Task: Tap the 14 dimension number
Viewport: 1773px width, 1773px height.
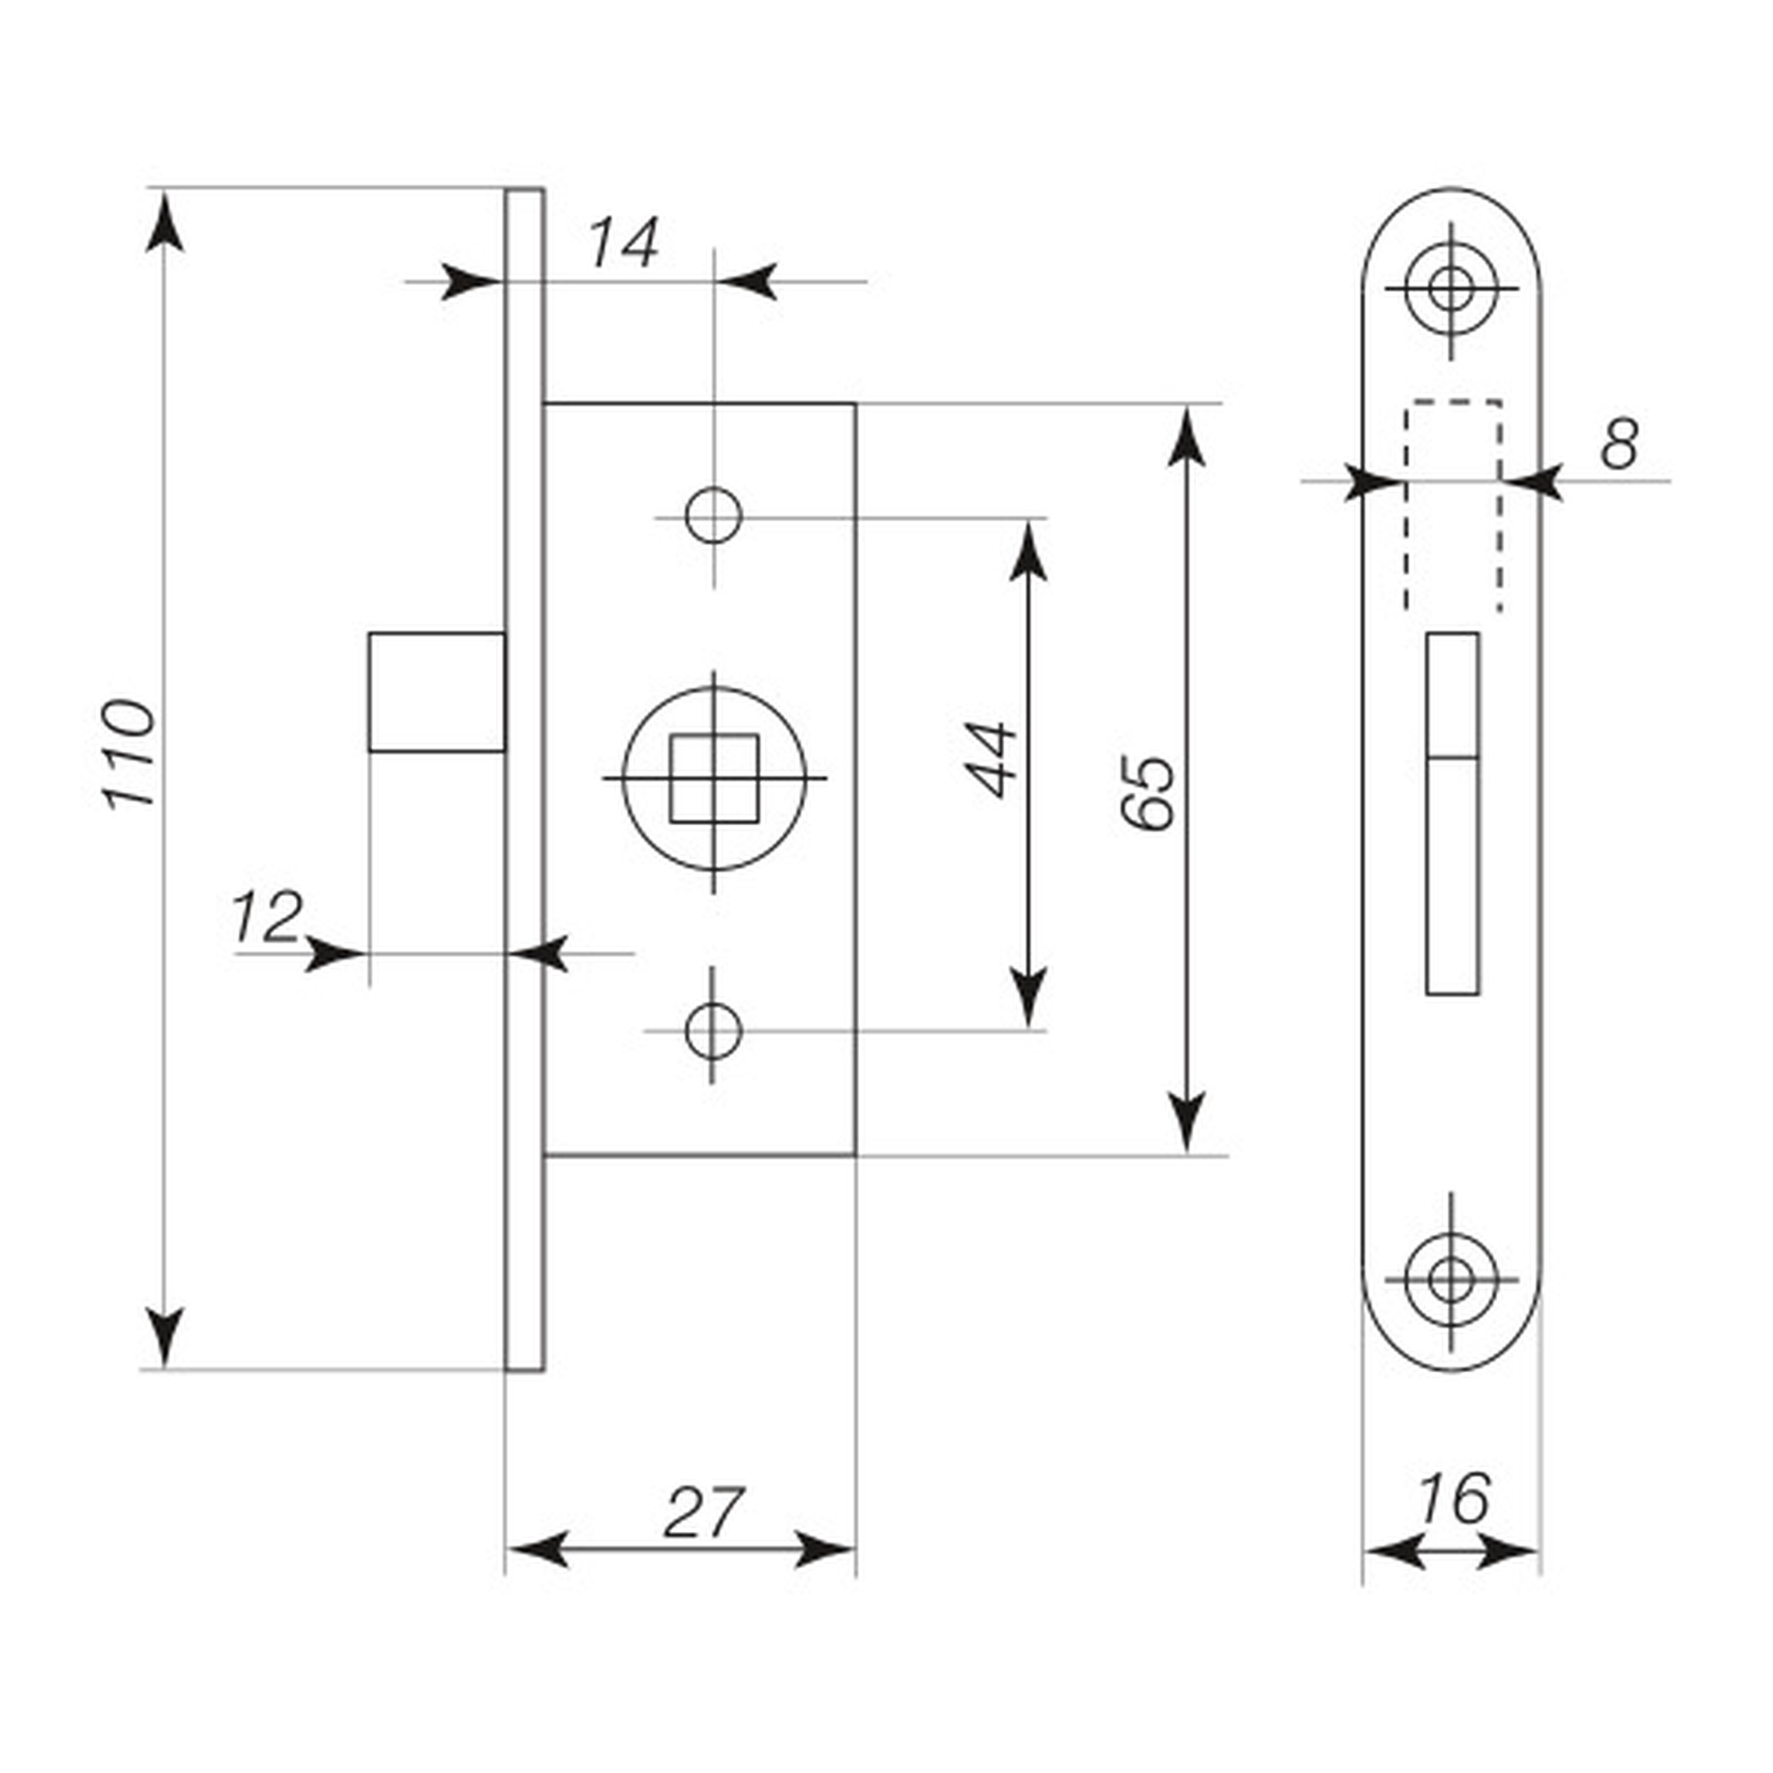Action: tap(623, 243)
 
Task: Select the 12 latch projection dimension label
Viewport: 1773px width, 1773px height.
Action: tap(267, 917)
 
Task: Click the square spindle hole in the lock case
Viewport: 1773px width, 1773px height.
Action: tap(714, 778)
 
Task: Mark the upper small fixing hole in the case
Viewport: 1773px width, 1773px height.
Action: tap(713, 517)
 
